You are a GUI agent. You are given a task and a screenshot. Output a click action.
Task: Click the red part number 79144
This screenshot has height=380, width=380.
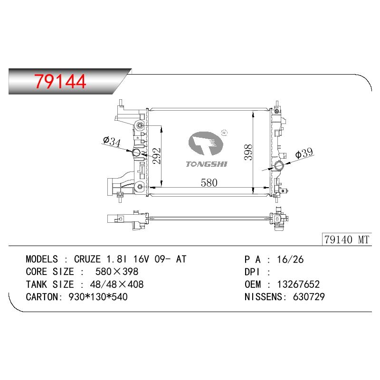coord(60,81)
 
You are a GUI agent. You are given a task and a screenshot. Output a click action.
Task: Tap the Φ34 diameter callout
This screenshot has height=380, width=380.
coord(112,142)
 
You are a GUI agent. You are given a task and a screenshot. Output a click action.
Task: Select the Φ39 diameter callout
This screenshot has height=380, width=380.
coord(304,153)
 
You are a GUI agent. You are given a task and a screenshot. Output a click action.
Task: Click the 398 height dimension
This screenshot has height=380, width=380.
coord(248,152)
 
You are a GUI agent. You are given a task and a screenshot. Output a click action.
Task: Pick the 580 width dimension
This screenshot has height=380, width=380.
coord(209,183)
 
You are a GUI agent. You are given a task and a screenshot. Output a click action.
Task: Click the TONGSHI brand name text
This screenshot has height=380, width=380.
coord(207,164)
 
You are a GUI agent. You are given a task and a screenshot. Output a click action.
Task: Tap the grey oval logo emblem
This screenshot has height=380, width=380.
coord(206,143)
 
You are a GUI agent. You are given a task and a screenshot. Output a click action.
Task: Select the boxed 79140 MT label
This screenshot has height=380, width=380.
coord(347,239)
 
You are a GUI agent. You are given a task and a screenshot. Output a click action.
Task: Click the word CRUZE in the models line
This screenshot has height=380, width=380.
coord(87,259)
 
